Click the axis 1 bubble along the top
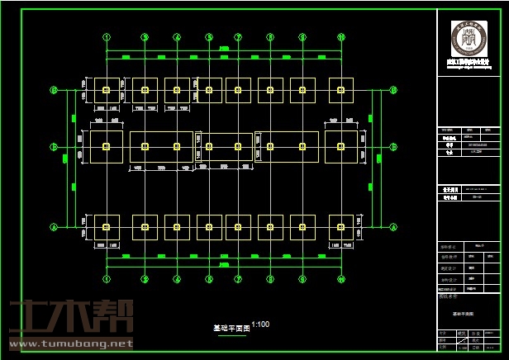(107, 37)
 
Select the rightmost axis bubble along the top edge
(341, 37)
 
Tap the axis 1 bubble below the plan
(107, 280)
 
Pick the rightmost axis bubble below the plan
(341, 280)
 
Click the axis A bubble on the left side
(54, 227)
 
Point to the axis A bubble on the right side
(393, 227)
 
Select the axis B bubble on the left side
(54, 147)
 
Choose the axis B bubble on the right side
(393, 147)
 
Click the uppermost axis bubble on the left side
(54, 90)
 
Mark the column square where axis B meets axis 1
(107, 147)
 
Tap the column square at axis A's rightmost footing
(341, 227)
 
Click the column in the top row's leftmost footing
(107, 90)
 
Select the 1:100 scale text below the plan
(260, 324)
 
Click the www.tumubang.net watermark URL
(70, 343)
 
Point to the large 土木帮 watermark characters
(70, 317)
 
